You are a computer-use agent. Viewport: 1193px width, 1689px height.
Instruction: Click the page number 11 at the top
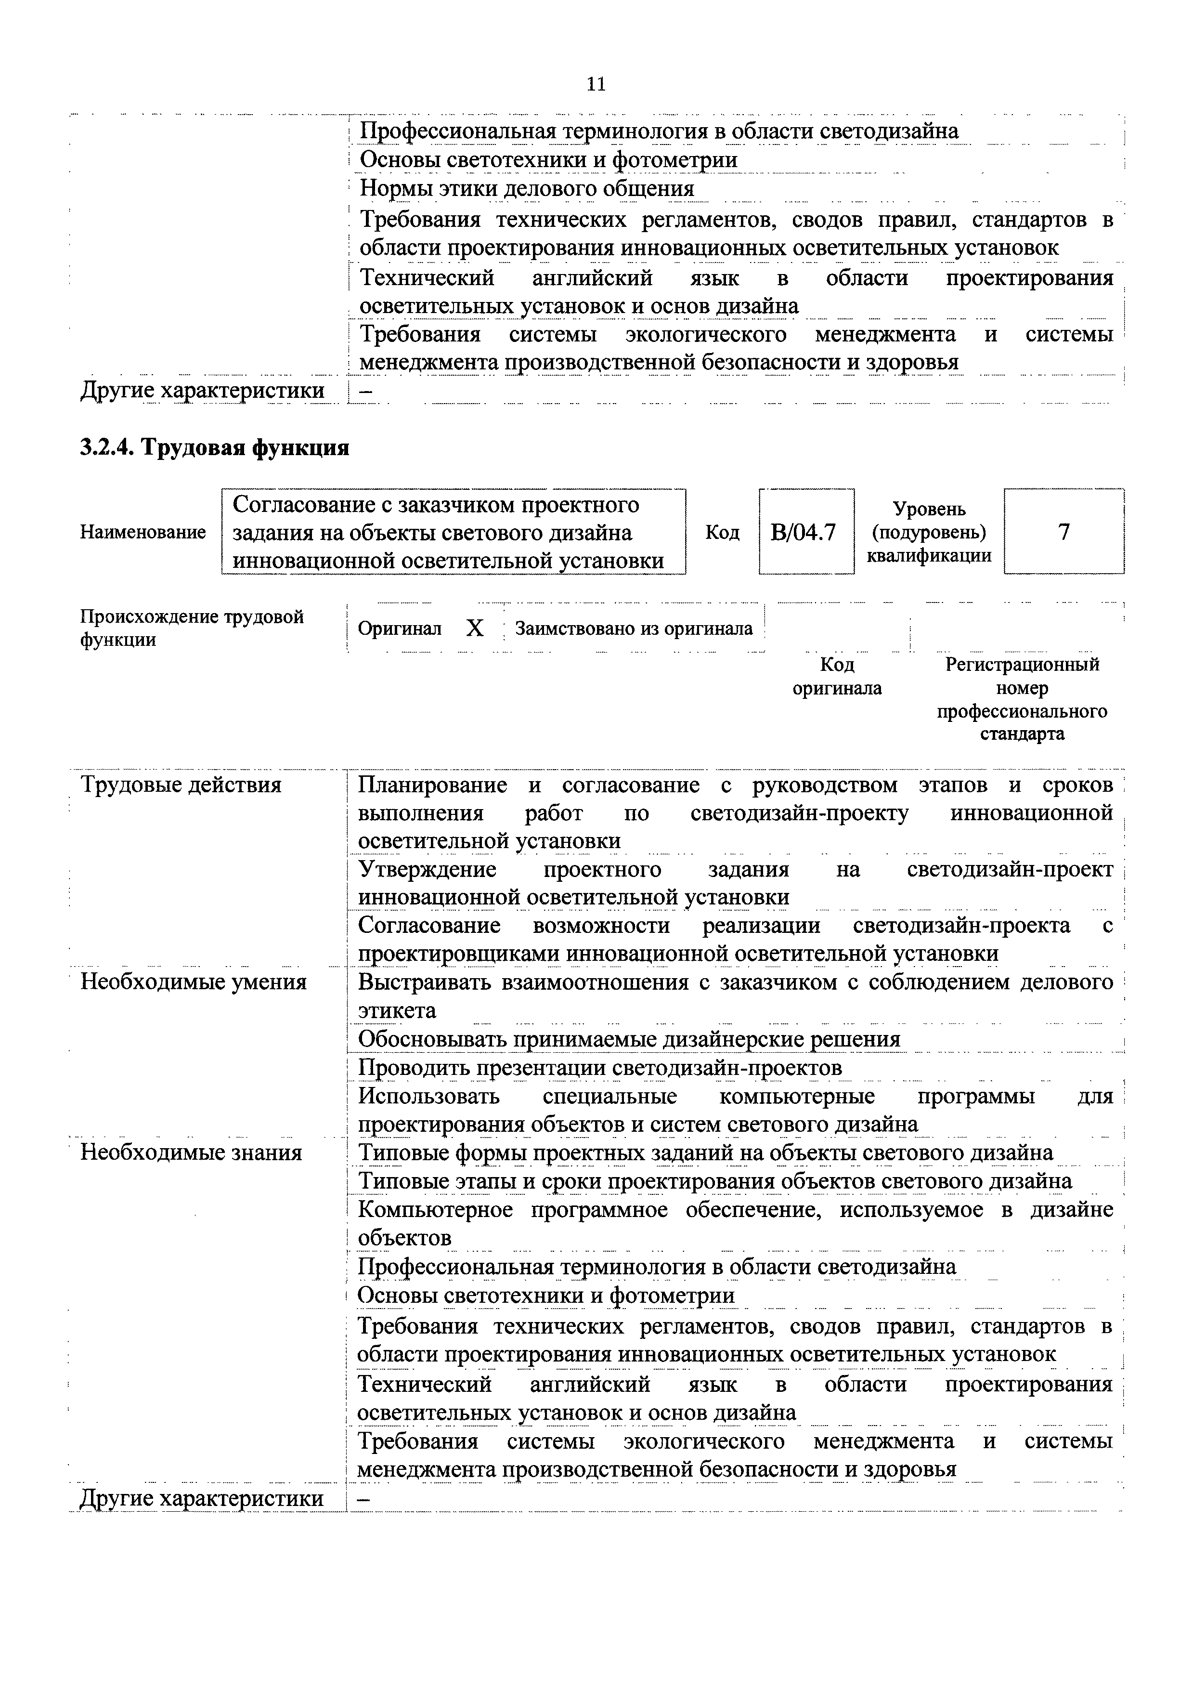click(x=596, y=85)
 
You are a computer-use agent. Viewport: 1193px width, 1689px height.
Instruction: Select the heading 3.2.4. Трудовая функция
click(x=214, y=447)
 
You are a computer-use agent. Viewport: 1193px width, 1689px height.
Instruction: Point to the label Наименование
click(x=143, y=532)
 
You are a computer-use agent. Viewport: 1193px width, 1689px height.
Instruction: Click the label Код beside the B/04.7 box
click(x=722, y=532)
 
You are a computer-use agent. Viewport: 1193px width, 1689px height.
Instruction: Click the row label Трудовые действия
click(x=181, y=785)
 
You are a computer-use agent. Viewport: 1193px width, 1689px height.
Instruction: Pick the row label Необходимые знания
click(x=191, y=1152)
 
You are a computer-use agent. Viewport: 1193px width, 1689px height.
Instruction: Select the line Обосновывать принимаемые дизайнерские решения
click(x=629, y=1039)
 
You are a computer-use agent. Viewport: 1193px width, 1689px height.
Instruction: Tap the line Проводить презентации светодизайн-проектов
click(x=599, y=1067)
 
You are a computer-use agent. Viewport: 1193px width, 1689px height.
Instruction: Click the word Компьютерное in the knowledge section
click(x=435, y=1209)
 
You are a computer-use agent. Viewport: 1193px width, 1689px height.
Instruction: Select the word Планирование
click(x=432, y=785)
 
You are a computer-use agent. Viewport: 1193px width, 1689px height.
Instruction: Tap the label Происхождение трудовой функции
click(x=191, y=628)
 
